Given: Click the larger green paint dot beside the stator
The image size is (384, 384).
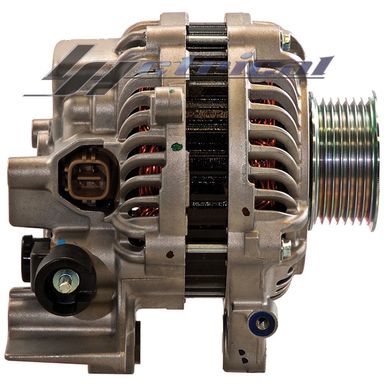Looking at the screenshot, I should tap(176, 146).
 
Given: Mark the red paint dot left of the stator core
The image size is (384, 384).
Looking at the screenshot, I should tap(170, 254).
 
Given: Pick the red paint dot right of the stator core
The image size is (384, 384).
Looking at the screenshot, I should tap(245, 211).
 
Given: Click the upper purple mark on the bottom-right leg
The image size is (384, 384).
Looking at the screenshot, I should tap(241, 352).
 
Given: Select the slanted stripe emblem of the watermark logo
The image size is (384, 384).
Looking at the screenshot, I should tap(83, 69).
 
